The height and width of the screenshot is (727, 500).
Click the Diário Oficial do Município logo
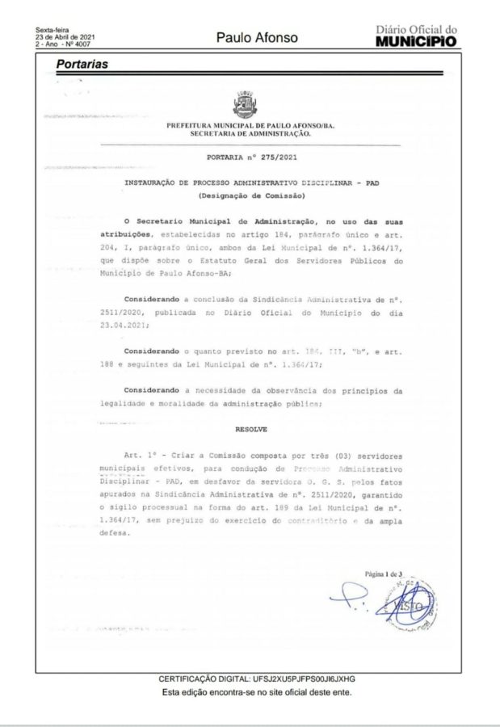click(x=416, y=36)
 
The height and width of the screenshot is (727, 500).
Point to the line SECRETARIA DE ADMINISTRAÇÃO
click(x=250, y=133)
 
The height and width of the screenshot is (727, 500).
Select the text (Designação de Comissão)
click(x=250, y=196)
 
